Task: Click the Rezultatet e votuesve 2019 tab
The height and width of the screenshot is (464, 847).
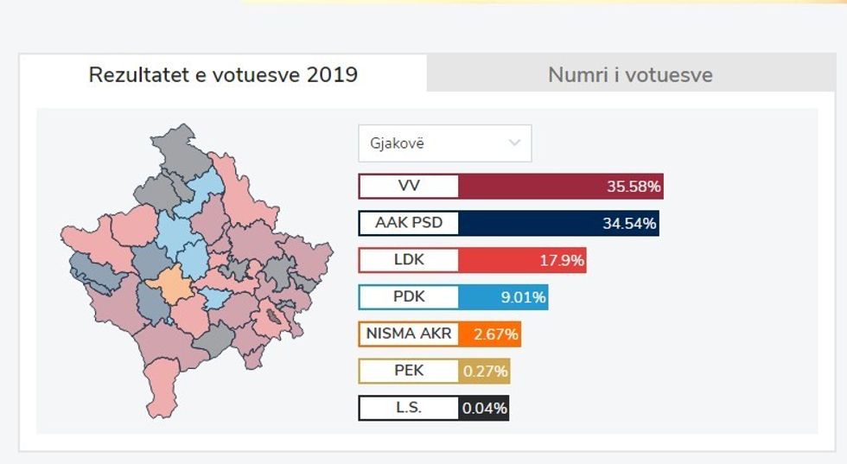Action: click(x=223, y=74)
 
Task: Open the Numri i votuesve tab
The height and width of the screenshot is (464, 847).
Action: click(x=630, y=75)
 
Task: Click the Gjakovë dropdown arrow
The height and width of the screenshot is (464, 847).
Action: click(x=515, y=143)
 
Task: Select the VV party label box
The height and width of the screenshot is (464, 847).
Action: click(x=409, y=187)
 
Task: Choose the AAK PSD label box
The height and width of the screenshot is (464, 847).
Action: click(x=409, y=223)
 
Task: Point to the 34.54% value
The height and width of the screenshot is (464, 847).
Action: click(x=629, y=224)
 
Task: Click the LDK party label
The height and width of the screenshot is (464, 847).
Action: click(x=409, y=260)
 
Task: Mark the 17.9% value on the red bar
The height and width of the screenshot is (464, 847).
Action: click(x=561, y=260)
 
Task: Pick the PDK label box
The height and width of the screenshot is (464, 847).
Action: click(x=409, y=297)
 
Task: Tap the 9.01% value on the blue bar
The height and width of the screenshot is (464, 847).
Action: click(x=523, y=298)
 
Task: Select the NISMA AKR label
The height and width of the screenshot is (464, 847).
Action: click(x=409, y=334)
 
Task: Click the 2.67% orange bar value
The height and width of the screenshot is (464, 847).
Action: click(x=490, y=334)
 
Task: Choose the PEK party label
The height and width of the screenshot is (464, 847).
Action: click(x=409, y=371)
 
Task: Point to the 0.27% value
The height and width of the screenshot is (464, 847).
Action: click(x=485, y=372)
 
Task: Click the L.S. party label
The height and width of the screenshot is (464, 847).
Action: click(x=409, y=408)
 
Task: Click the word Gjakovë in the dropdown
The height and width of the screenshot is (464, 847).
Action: click(x=397, y=143)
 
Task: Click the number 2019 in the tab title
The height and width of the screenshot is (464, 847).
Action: click(x=331, y=74)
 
